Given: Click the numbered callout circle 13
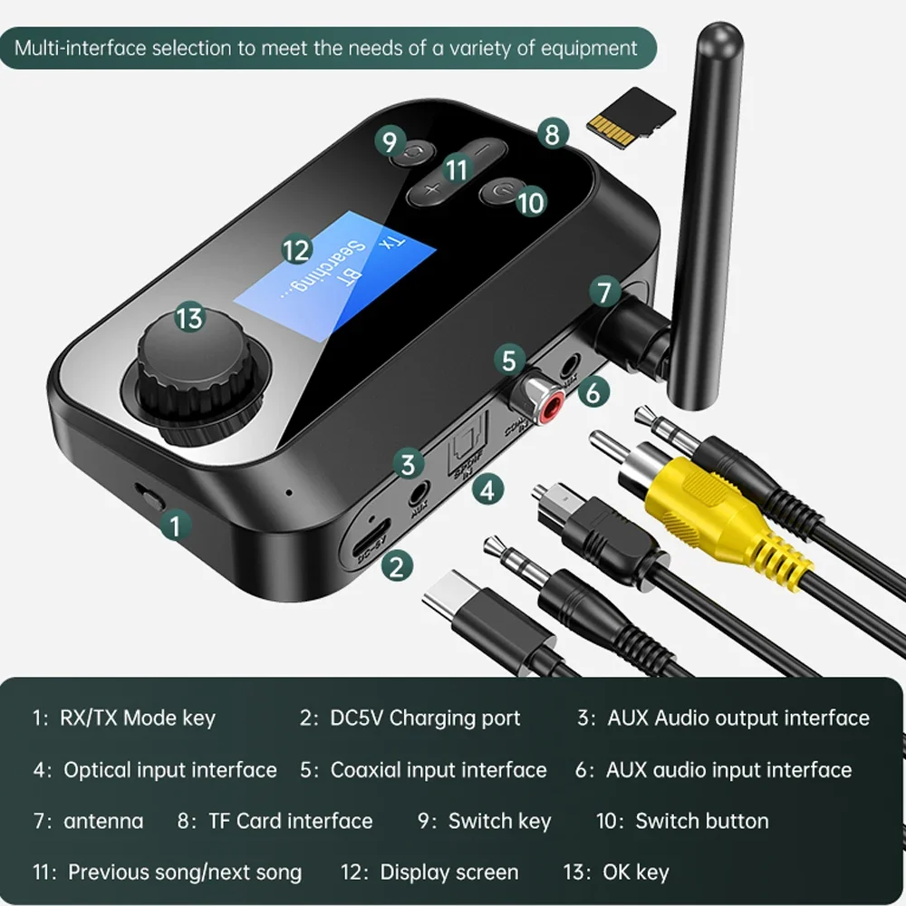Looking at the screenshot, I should coord(189,318).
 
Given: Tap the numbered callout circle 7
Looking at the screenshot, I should coord(605,292).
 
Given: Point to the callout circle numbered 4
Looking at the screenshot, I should coord(488,490).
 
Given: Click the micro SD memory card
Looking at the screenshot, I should coord(632,114).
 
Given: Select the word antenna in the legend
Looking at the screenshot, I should coord(103,821).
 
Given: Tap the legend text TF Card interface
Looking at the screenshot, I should coord(290,821).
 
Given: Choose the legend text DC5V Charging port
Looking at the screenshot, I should coord(423,718).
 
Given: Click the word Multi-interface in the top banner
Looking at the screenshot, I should coord(79,47).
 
